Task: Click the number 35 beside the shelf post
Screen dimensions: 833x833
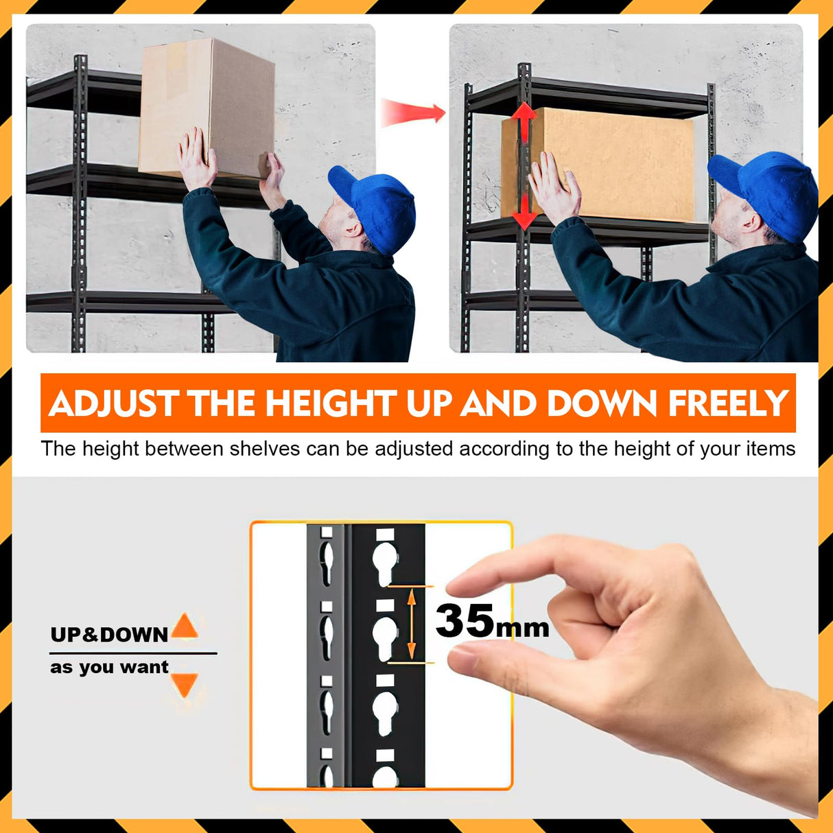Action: [465, 620]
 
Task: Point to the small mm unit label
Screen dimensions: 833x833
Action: [523, 628]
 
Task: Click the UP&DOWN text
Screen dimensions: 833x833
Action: [109, 635]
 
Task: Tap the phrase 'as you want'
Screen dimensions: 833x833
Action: [109, 667]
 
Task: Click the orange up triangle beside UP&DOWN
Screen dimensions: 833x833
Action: [184, 626]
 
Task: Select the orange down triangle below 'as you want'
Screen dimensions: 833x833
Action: [184, 684]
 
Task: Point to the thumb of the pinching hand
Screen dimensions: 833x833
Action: [480, 662]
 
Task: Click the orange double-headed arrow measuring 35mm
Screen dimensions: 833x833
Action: [412, 624]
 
